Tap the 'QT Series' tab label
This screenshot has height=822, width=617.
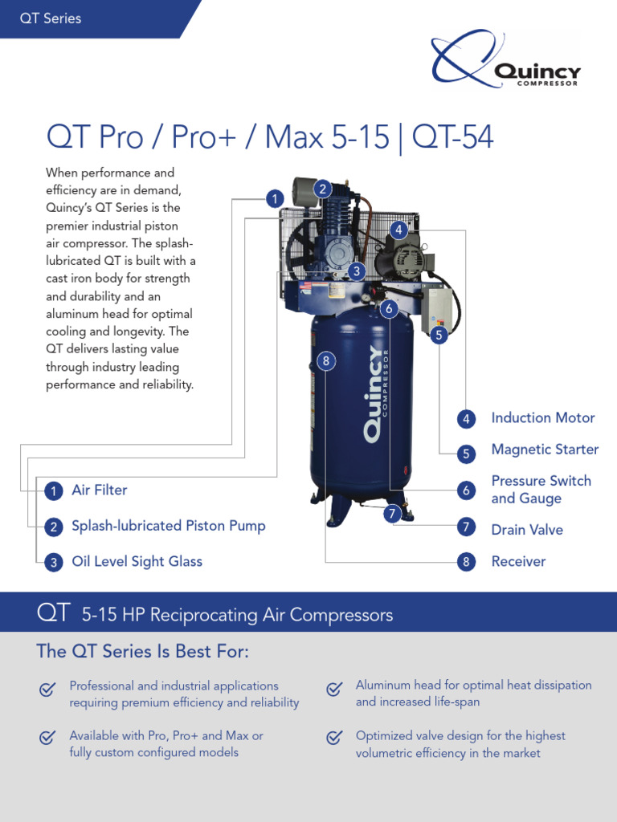[x=51, y=18]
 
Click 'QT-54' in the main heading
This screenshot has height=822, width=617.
[x=453, y=138]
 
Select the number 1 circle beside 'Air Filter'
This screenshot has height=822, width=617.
[x=53, y=490]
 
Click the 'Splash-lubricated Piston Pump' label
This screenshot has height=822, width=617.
[x=168, y=526]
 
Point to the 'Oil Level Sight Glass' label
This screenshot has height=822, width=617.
[x=137, y=561]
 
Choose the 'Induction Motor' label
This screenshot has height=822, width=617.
[x=543, y=417]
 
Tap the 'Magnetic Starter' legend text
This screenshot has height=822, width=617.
[x=545, y=450]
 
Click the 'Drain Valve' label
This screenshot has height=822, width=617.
[x=527, y=530]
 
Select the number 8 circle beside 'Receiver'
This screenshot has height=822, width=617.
[x=466, y=562]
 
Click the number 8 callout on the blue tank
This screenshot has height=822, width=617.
[x=325, y=362]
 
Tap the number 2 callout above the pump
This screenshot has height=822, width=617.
[x=322, y=189]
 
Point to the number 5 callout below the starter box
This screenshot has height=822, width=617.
[x=439, y=336]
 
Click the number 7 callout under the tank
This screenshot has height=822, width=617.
[x=391, y=514]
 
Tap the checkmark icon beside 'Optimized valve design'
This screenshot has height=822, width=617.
[x=334, y=737]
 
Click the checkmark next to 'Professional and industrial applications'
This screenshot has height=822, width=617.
[x=47, y=689]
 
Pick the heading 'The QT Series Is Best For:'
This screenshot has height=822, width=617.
[x=143, y=651]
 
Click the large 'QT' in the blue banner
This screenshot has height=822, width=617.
[x=54, y=614]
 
